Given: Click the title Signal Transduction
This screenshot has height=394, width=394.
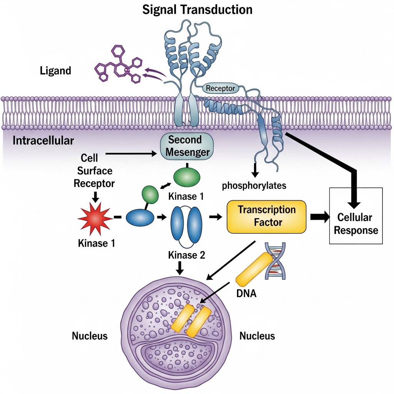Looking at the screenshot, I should [197, 10].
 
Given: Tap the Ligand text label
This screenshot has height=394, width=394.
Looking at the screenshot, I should [55, 71].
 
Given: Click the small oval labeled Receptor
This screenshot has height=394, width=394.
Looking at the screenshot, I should [220, 88].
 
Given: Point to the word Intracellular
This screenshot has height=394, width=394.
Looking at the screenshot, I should [43, 140].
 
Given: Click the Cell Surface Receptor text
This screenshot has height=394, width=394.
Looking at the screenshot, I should [94, 170].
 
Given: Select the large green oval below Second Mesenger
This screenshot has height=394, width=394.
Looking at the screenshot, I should [187, 178].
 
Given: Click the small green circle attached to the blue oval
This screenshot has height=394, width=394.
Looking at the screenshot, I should [150, 194].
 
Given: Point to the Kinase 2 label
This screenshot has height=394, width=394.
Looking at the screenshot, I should [186, 255].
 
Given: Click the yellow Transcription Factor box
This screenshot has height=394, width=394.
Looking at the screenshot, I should [266, 217].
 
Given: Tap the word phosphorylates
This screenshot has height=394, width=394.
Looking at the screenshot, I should [254, 186].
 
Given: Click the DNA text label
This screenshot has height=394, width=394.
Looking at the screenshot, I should [246, 294].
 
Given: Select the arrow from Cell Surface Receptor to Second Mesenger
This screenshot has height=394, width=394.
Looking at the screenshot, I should [131, 154].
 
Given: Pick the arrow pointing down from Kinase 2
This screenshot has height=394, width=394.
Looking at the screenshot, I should [180, 268].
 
